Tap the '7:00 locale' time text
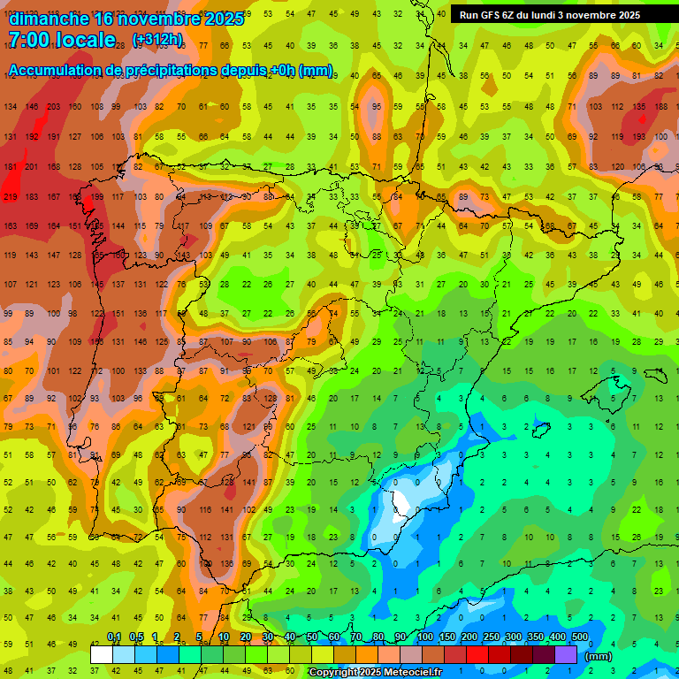62,40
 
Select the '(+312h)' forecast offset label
157,40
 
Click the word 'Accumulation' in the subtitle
62,71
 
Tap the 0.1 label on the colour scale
114,637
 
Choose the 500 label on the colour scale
580,637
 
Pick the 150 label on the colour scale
447,637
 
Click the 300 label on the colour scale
514,637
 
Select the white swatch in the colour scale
102,654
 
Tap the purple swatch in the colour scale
566,654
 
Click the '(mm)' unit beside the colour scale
599,656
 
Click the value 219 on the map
11,196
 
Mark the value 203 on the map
53,107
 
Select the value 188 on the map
660,107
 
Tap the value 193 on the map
638,137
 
